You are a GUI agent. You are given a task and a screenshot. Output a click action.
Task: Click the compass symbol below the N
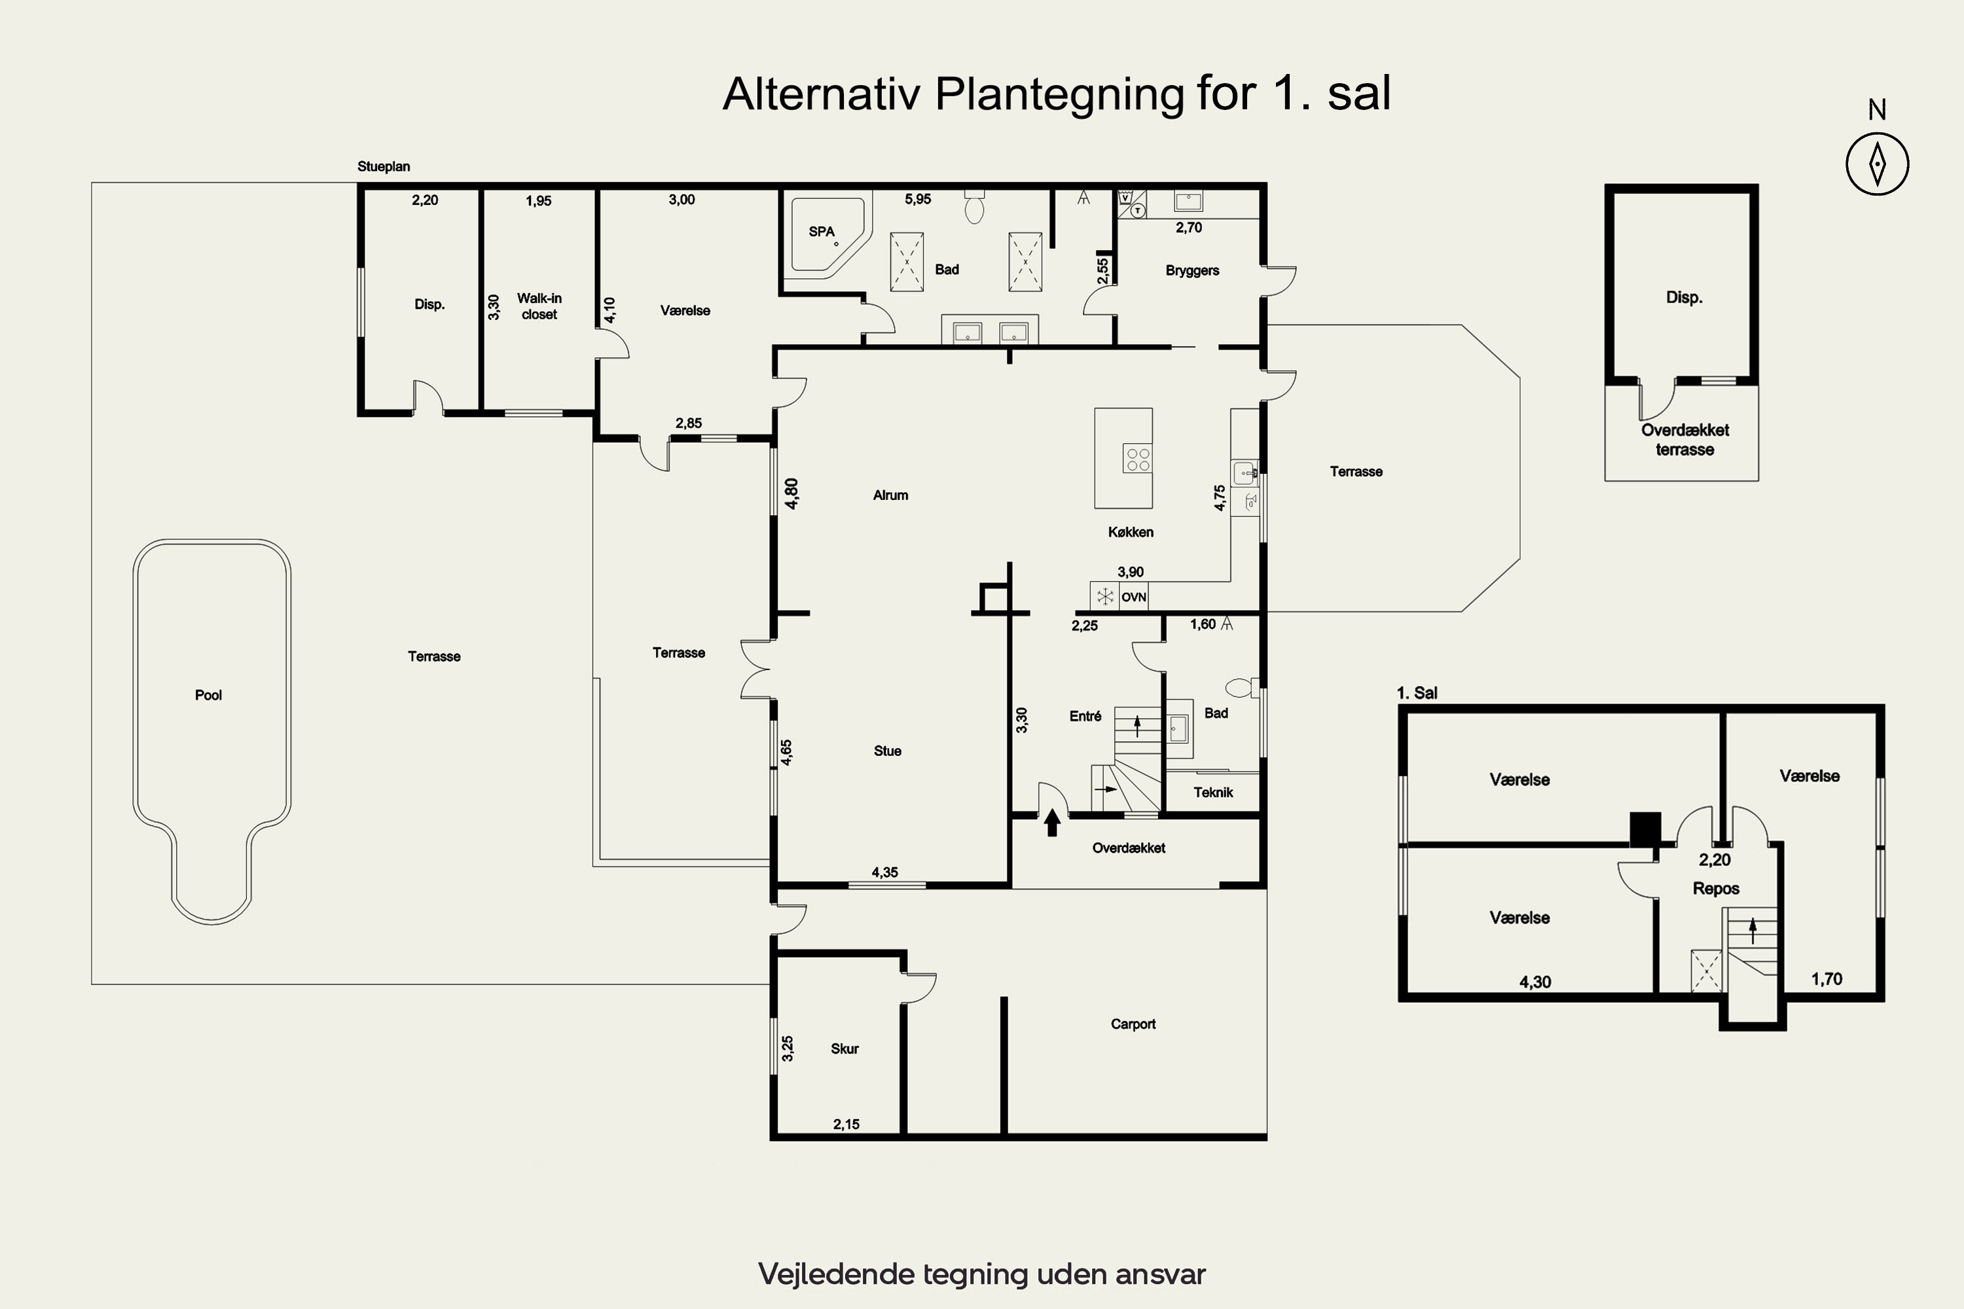click(x=1877, y=164)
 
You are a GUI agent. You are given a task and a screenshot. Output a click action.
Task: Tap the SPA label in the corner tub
click(x=822, y=231)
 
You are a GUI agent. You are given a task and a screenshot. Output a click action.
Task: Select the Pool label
click(x=208, y=695)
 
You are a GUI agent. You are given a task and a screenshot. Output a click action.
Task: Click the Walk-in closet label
click(x=539, y=306)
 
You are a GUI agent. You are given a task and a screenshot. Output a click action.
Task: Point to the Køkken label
click(x=1131, y=531)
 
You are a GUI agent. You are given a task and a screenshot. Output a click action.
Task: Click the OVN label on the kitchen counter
click(x=1134, y=597)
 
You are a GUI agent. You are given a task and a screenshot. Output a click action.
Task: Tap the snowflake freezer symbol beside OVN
click(x=1105, y=596)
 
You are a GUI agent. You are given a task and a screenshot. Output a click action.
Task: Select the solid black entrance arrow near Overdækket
click(x=1052, y=822)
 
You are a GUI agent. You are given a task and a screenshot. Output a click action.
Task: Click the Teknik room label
click(x=1212, y=792)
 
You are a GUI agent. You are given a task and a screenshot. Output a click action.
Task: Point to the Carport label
click(x=1133, y=1024)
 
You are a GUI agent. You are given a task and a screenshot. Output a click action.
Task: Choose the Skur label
click(x=845, y=1049)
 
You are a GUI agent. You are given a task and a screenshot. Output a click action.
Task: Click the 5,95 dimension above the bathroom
click(x=918, y=200)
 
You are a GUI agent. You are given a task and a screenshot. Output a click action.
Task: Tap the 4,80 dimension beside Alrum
click(x=791, y=493)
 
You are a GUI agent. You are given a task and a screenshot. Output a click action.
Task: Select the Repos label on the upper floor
click(x=1716, y=889)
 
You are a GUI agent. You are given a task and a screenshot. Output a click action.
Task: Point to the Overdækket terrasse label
click(x=1684, y=440)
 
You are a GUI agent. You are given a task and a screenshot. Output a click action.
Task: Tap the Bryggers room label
click(x=1191, y=270)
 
